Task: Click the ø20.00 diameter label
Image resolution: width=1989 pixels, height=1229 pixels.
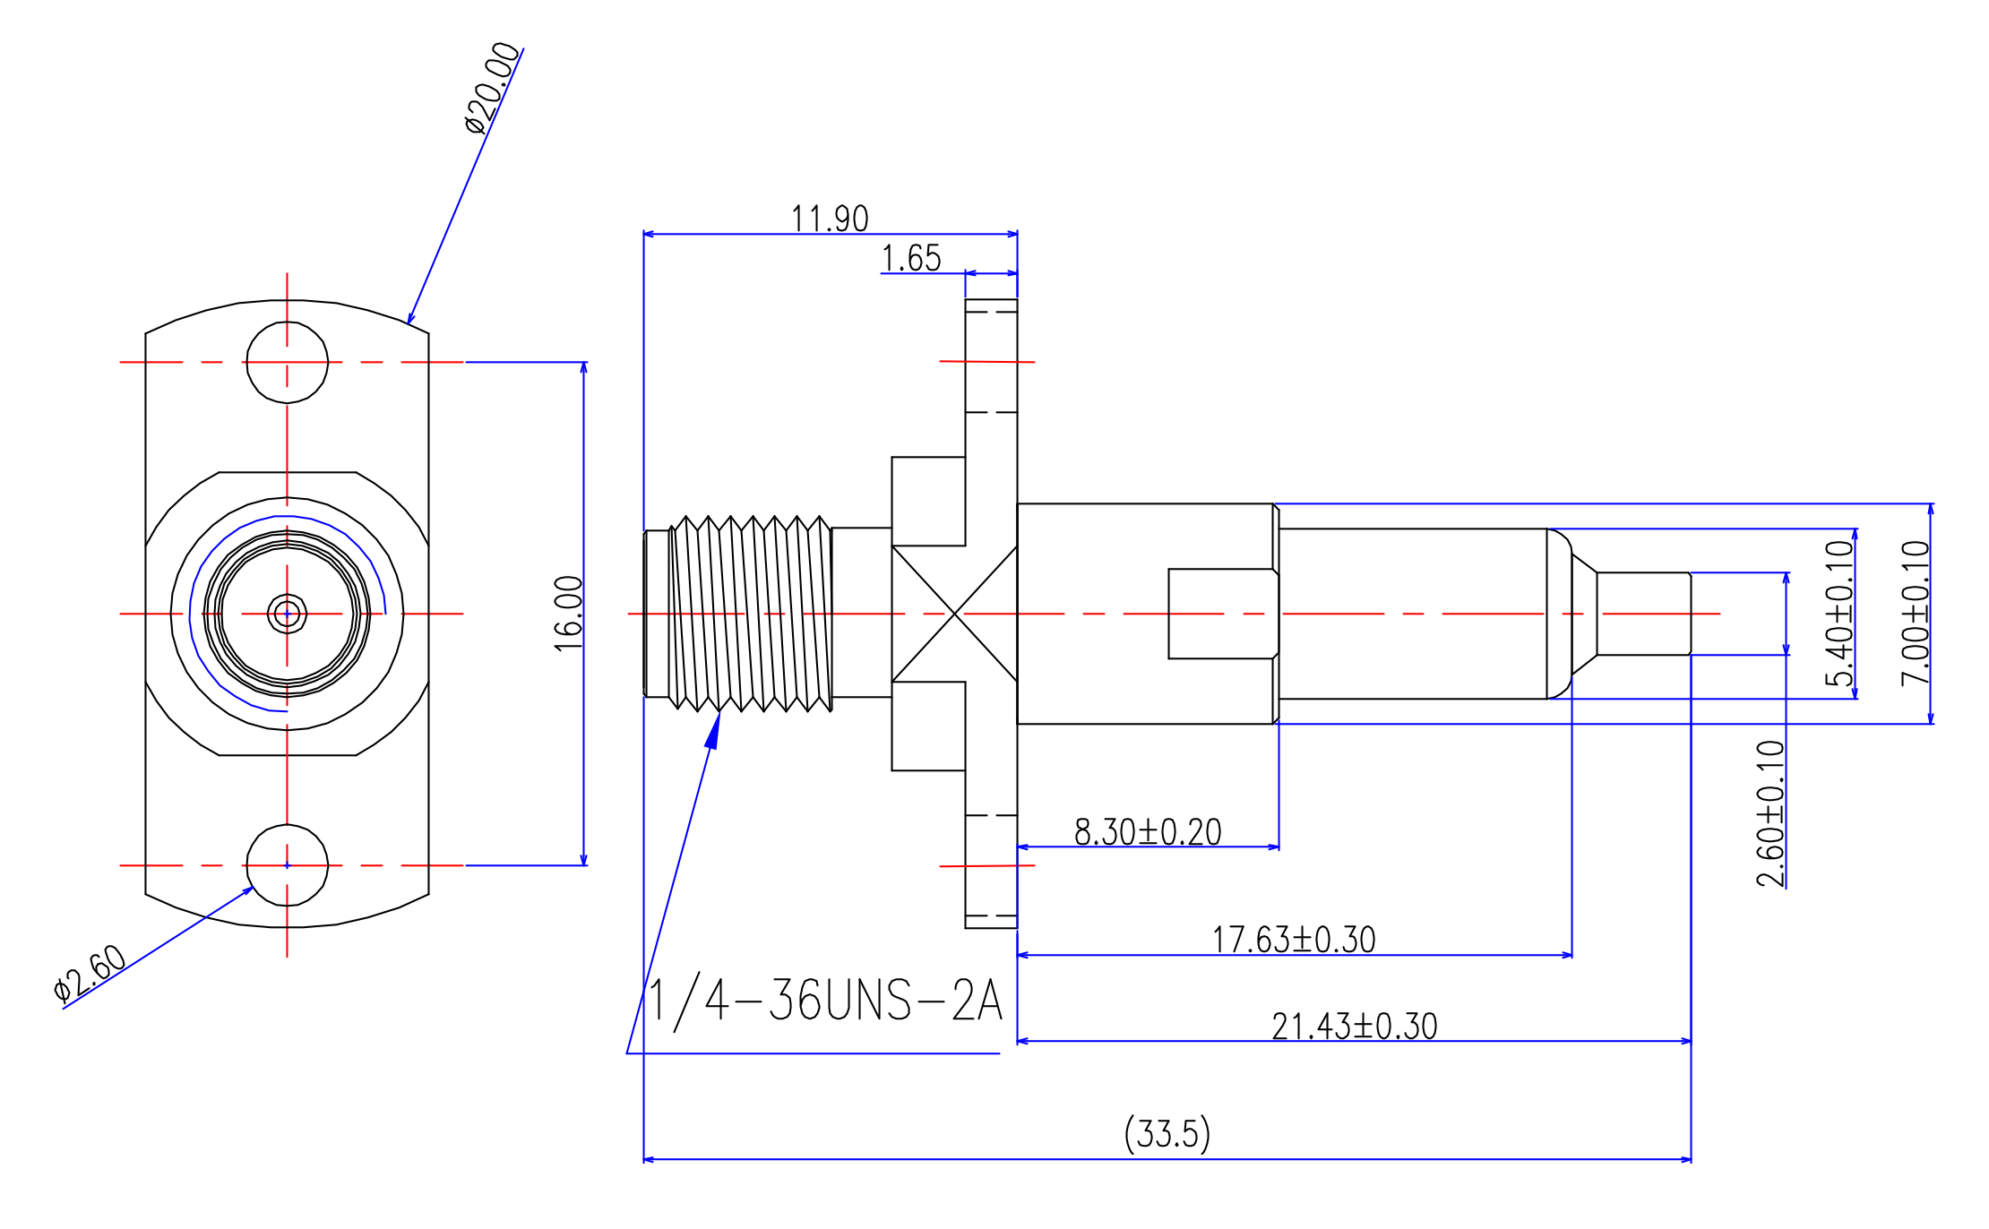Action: [x=492, y=88]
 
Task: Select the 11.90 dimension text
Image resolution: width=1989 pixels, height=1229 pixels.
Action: [x=829, y=219]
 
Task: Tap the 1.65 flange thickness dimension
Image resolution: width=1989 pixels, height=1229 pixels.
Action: [x=911, y=258]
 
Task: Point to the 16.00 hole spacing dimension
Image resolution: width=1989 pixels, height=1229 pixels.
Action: [x=569, y=614]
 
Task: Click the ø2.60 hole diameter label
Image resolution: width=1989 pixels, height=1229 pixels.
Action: [x=90, y=972]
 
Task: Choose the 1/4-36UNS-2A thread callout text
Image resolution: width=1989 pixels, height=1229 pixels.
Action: [x=824, y=1001]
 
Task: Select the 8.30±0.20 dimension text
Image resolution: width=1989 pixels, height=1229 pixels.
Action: [x=1148, y=832]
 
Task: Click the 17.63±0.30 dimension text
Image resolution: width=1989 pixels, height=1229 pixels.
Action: [x=1294, y=940]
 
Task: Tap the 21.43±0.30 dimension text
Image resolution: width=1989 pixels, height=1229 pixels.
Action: [x=1354, y=1027]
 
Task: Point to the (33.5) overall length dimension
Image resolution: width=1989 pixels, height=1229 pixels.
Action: [x=1167, y=1134]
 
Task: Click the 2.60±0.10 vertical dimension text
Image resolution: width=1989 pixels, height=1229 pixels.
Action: [x=1770, y=813]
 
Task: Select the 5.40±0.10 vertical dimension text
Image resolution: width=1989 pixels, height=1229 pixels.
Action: [x=1839, y=614]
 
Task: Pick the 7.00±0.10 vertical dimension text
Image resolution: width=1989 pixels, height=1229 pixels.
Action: [x=1916, y=614]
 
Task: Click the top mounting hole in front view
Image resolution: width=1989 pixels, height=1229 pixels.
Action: [x=287, y=362]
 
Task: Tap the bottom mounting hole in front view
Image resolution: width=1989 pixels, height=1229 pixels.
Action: [x=287, y=865]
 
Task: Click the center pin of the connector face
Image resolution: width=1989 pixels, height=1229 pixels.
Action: [x=287, y=614]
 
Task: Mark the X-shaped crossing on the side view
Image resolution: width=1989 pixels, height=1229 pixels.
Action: [x=955, y=614]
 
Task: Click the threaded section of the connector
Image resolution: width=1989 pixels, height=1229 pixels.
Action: [x=751, y=614]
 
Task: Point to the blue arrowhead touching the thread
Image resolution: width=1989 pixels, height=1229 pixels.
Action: [x=714, y=730]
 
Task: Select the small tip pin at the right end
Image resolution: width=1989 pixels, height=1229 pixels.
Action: [x=1643, y=614]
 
